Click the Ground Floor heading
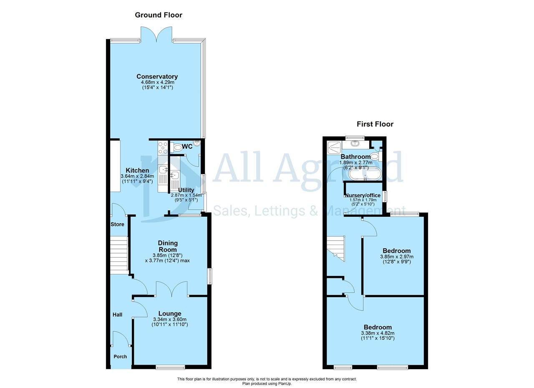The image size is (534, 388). tap(159, 15)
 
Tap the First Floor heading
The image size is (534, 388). tap(375, 124)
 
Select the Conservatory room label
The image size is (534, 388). tap(157, 76)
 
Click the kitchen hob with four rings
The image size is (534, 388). tap(163, 148)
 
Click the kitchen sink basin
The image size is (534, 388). tap(163, 170)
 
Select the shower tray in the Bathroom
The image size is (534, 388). tap(335, 148)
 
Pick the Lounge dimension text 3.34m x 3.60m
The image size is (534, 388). tap(170, 319)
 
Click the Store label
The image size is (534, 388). tap(117, 224)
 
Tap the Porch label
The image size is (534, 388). tap(120, 357)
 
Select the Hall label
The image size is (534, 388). tap(117, 315)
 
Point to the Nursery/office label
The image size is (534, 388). tap(363, 195)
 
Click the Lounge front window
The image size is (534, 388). tap(171, 368)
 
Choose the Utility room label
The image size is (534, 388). tap(186, 190)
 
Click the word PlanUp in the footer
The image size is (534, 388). tap(285, 384)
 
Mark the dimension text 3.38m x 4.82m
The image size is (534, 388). tap(378, 333)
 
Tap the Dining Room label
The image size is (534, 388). tap(168, 246)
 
